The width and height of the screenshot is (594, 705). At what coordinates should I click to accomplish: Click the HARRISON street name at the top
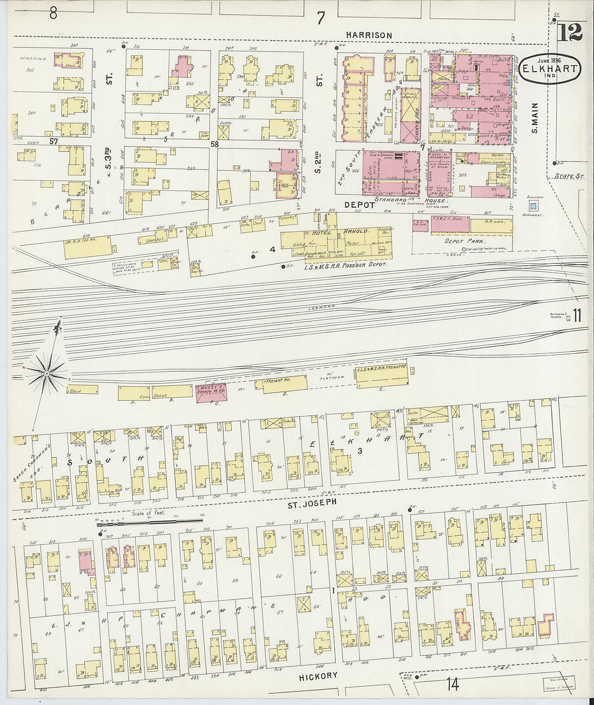(x=369, y=35)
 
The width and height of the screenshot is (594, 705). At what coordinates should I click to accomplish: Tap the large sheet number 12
(x=570, y=33)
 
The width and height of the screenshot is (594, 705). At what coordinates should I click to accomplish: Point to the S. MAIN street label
(x=535, y=118)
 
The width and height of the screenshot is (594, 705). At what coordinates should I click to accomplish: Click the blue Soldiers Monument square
(x=534, y=205)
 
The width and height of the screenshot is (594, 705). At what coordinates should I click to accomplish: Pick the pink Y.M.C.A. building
(x=450, y=225)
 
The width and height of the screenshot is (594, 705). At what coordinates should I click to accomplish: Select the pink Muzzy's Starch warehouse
(x=211, y=392)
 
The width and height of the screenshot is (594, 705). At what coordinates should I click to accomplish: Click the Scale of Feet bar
(x=143, y=523)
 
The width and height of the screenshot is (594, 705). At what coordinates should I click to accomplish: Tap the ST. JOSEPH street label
(x=311, y=502)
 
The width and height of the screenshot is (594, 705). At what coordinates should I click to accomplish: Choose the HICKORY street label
(x=318, y=676)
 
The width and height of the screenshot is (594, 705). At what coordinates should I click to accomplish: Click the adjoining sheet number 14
(x=453, y=684)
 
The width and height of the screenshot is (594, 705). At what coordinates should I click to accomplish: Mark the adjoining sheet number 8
(x=53, y=12)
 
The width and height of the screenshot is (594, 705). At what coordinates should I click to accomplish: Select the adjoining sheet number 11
(x=577, y=315)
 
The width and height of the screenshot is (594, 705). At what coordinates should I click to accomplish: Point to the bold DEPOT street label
(x=360, y=205)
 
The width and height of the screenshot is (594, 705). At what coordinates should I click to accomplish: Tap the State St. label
(x=570, y=176)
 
